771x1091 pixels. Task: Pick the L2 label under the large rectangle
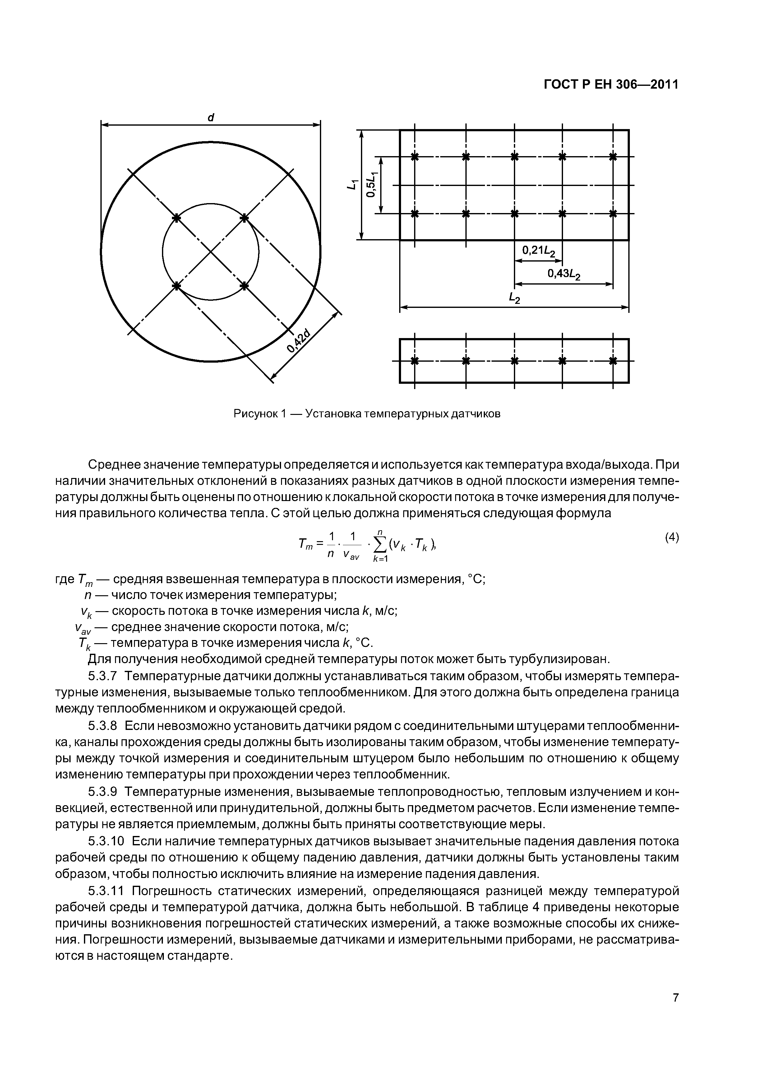click(x=515, y=299)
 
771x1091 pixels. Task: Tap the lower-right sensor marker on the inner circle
click(x=244, y=286)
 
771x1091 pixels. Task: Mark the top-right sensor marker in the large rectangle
click(x=613, y=156)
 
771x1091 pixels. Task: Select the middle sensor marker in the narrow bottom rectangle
click(x=514, y=361)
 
